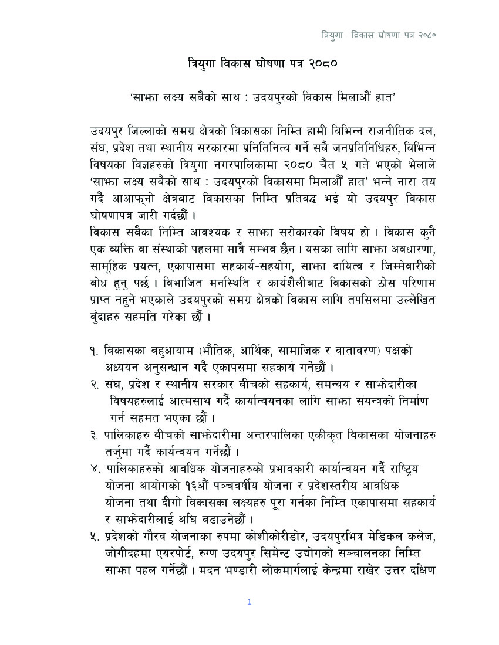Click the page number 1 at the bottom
(249, 602)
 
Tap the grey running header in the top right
(378, 35)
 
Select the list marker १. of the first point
(93, 351)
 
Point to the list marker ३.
(94, 436)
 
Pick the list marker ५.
(94, 538)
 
